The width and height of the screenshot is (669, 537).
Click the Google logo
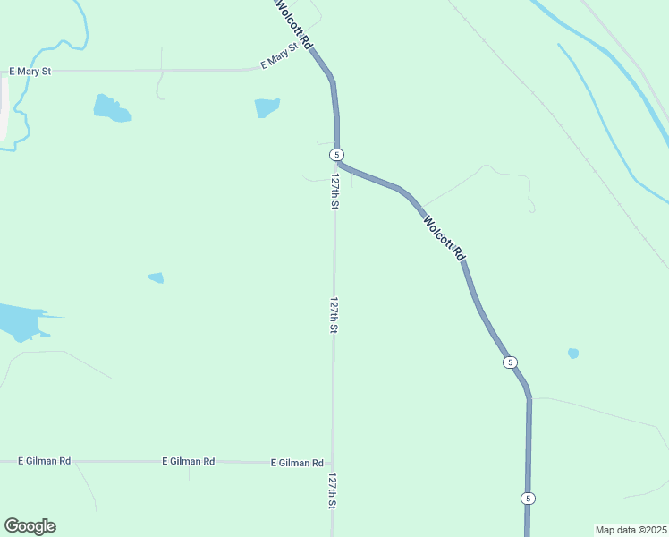[x=30, y=526]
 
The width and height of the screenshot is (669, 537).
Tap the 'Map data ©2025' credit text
[x=631, y=530]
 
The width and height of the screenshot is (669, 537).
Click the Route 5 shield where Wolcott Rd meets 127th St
[x=336, y=155]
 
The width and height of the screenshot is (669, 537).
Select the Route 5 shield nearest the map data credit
[x=529, y=498]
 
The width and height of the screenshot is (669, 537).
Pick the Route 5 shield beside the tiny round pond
[x=509, y=362]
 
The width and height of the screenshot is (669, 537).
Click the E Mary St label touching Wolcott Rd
[x=278, y=60]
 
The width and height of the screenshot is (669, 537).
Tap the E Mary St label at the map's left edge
[x=30, y=71]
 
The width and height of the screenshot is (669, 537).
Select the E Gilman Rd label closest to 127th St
[x=297, y=463]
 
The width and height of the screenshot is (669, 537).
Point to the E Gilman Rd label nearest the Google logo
[x=45, y=461]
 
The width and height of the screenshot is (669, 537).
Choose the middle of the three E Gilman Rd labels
[x=188, y=461]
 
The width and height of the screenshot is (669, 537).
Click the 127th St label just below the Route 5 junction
[x=334, y=192]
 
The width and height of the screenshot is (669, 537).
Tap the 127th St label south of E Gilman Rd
[x=333, y=491]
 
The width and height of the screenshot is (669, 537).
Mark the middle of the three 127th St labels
[x=334, y=315]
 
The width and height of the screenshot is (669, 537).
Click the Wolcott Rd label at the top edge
[x=294, y=24]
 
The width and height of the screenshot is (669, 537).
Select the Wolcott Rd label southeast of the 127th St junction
[x=445, y=237]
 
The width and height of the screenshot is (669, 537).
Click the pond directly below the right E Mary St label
[x=267, y=107]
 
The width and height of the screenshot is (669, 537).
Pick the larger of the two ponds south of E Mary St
[x=112, y=108]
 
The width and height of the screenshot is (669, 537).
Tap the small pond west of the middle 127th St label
[x=157, y=277]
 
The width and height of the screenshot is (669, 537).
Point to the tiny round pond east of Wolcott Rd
[x=573, y=353]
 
